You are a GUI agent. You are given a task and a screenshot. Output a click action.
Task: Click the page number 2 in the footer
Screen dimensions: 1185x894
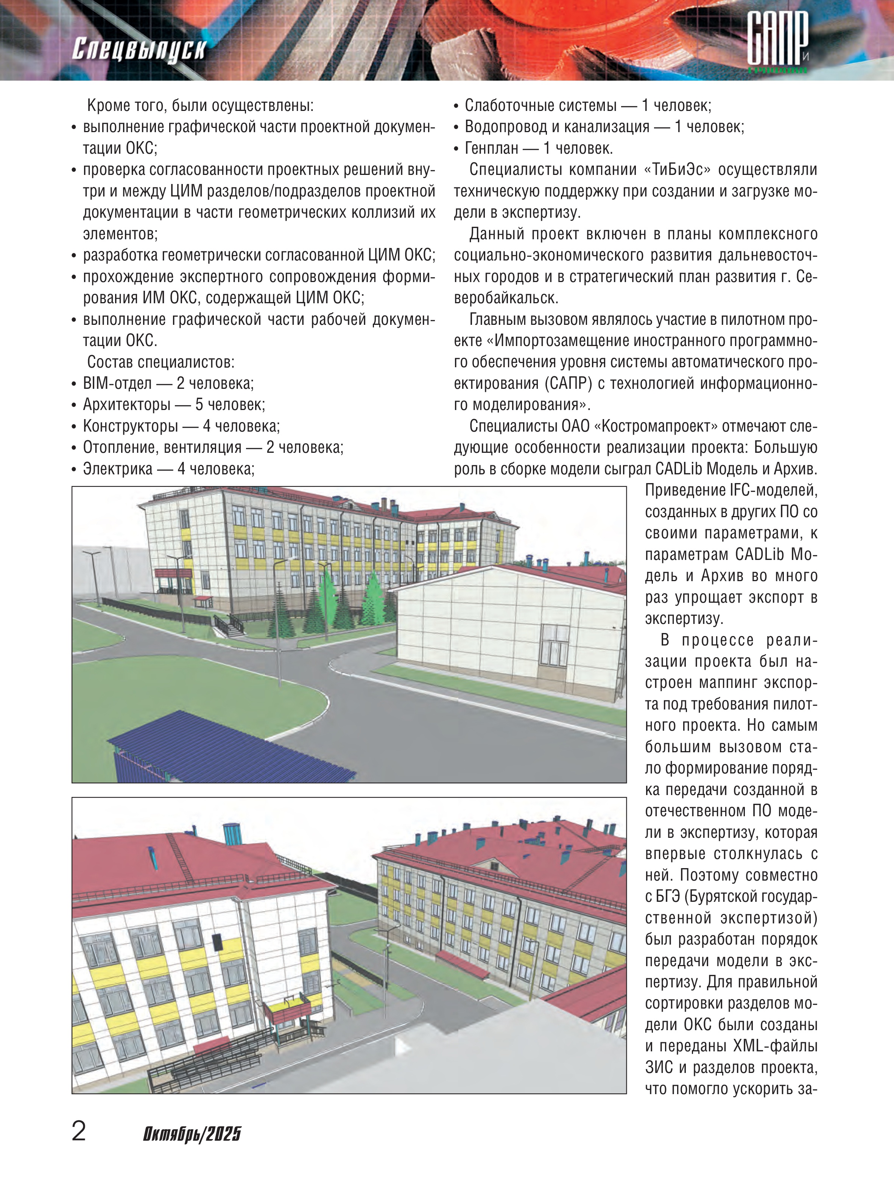pyautogui.click(x=79, y=1131)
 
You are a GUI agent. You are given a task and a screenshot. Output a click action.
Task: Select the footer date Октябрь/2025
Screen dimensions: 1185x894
pyautogui.click(x=192, y=1134)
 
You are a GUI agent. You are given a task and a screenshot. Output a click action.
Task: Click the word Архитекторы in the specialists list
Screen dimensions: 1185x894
pyautogui.click(x=126, y=404)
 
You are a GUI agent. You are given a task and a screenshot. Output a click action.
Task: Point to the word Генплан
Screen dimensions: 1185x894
pyautogui.click(x=491, y=148)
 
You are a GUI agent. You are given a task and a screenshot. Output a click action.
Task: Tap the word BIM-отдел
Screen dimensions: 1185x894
pyautogui.click(x=117, y=383)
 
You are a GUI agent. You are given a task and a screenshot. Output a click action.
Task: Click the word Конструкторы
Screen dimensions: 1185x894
pyautogui.click(x=130, y=426)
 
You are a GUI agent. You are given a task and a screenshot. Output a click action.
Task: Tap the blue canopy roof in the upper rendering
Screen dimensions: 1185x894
pyautogui.click(x=225, y=742)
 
